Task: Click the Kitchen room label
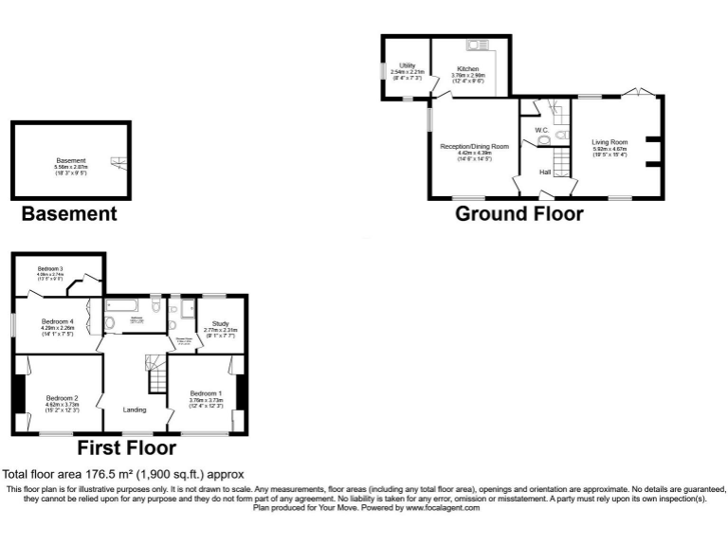click(x=468, y=70)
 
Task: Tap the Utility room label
click(x=408, y=65)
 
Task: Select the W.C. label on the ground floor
click(x=542, y=129)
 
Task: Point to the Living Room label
click(x=610, y=142)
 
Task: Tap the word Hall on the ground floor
click(x=545, y=172)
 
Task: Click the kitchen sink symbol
click(x=475, y=45)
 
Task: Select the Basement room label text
click(x=71, y=160)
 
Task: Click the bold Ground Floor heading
click(x=519, y=213)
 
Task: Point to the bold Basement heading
click(x=69, y=214)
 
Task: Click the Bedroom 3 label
click(x=50, y=269)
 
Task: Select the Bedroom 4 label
click(x=57, y=321)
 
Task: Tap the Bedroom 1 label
click(x=206, y=393)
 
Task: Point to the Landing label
click(x=136, y=409)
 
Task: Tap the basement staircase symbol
click(x=117, y=162)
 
